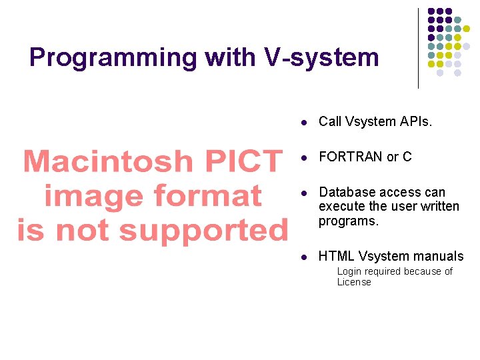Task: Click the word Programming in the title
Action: [113, 58]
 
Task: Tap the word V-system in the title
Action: [321, 58]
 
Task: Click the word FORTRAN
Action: [351, 157]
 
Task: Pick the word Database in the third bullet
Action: [347, 193]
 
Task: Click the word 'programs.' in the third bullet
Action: [348, 221]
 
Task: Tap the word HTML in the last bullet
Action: [336, 256]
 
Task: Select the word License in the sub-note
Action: [354, 282]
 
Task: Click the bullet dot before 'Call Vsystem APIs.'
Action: [303, 123]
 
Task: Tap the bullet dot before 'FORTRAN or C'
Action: [303, 158]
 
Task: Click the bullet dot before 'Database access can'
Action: [303, 193]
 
